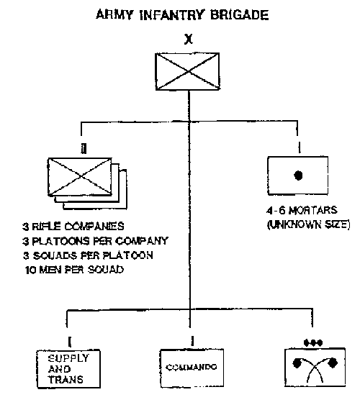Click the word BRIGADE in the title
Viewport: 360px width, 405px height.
[x=239, y=14]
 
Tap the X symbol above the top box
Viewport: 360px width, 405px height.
[x=189, y=40]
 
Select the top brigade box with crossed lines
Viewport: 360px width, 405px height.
[x=188, y=71]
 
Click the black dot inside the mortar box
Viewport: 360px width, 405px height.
[x=298, y=176]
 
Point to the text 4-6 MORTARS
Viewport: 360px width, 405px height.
[x=302, y=210]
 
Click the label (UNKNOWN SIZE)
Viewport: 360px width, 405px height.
[x=309, y=224]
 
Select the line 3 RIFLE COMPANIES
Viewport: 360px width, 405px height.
[x=73, y=227]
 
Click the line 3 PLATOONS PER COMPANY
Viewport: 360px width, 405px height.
[x=95, y=241]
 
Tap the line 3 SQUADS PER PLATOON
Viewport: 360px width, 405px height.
[x=88, y=255]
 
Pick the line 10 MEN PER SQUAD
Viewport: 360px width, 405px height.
[x=74, y=270]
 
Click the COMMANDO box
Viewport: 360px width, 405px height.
[x=192, y=368]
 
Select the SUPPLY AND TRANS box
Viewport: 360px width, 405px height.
[x=68, y=369]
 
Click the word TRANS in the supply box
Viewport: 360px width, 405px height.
[x=66, y=380]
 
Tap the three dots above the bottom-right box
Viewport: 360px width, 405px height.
[x=313, y=343]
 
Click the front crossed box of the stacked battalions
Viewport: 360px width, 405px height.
[x=80, y=176]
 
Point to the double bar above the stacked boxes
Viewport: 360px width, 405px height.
[x=84, y=149]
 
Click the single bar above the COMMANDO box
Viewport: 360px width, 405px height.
[x=192, y=341]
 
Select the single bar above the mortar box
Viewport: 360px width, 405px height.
[x=300, y=148]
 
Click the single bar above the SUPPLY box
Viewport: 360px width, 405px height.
[x=69, y=342]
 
